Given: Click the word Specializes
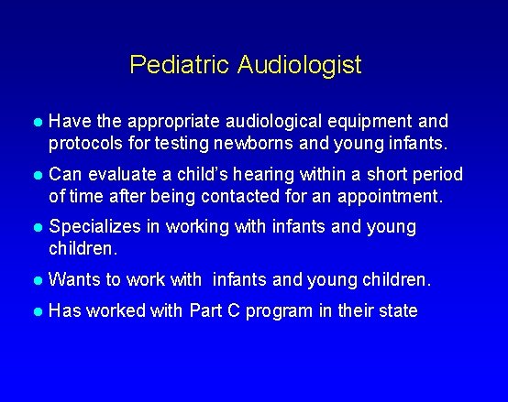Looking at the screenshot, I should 94,226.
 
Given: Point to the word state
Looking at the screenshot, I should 398,311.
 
